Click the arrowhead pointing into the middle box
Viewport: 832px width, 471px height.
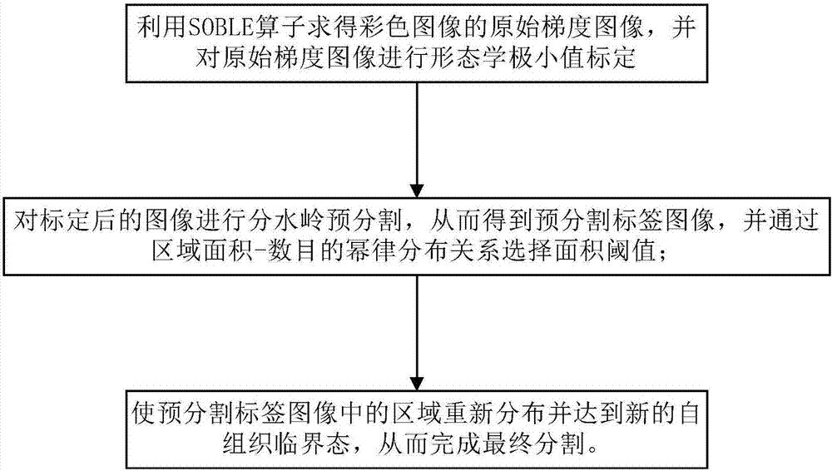(414, 188)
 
